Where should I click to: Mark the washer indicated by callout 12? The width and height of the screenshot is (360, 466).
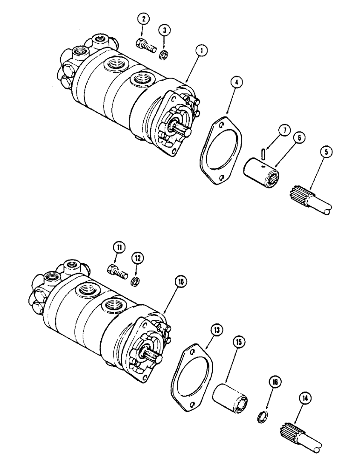tap(136, 281)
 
